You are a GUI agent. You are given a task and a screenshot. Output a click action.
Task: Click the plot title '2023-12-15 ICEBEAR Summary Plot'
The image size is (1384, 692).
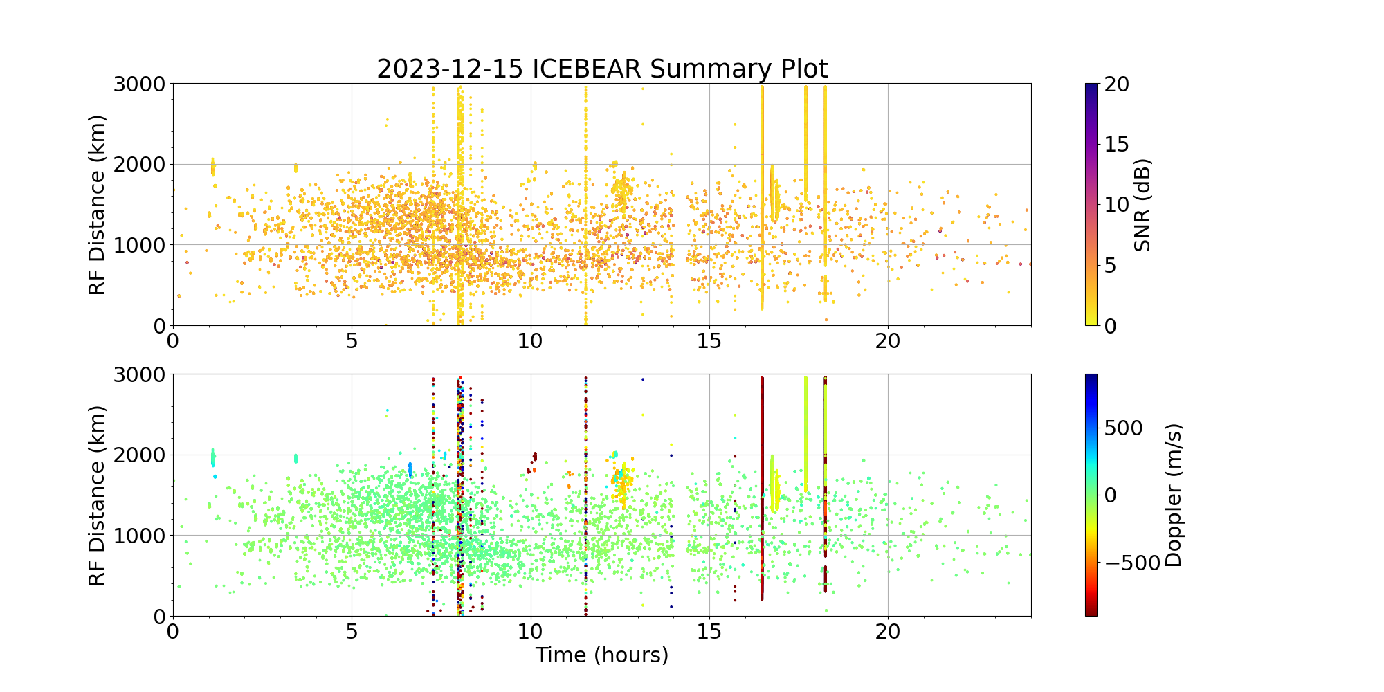click(x=602, y=69)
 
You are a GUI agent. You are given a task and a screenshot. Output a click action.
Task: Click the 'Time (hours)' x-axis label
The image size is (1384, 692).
click(x=602, y=655)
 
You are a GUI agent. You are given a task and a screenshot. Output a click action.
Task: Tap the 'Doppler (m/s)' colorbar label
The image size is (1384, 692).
click(x=1174, y=495)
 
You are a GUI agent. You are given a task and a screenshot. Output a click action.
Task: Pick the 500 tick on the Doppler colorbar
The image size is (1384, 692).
click(x=1124, y=428)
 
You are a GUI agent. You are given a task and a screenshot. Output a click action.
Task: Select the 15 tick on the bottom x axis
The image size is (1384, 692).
click(x=709, y=632)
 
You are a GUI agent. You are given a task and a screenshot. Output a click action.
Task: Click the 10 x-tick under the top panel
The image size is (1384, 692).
click(x=530, y=341)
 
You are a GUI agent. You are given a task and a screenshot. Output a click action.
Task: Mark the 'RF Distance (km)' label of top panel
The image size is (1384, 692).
click(x=98, y=205)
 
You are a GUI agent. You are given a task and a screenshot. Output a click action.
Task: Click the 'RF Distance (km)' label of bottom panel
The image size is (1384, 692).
click(x=98, y=495)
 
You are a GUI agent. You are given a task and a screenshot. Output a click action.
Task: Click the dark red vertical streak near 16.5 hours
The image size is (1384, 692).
click(x=762, y=484)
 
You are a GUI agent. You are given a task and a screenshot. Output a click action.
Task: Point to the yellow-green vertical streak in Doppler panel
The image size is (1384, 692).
click(x=805, y=429)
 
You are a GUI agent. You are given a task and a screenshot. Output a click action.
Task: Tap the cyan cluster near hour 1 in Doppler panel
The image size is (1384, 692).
click(x=212, y=457)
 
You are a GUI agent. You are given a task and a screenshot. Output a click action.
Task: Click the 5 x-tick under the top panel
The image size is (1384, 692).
click(x=352, y=341)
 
